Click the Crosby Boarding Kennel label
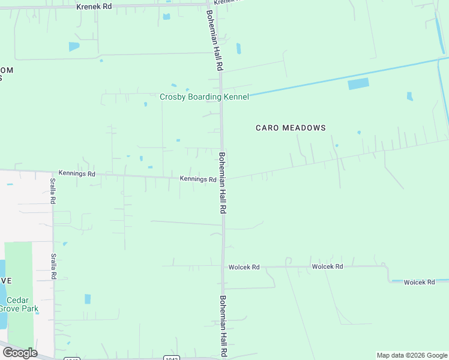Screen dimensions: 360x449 pyautogui.click(x=204, y=97)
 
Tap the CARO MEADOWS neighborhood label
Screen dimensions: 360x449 pyautogui.click(x=291, y=128)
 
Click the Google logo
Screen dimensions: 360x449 pyautogui.click(x=19, y=352)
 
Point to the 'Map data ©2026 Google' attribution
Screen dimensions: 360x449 pyautogui.click(x=412, y=355)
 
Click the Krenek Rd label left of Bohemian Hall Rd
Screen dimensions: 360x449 pyautogui.click(x=94, y=7)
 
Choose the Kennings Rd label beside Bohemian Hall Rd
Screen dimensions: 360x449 pyautogui.click(x=198, y=179)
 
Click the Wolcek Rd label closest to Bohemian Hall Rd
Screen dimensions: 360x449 pyautogui.click(x=244, y=267)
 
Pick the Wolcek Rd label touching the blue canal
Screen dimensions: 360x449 pyautogui.click(x=419, y=282)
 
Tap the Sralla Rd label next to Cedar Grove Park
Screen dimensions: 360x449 pyautogui.click(x=53, y=266)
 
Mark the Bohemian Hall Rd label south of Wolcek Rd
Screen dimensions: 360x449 pyautogui.click(x=224, y=327)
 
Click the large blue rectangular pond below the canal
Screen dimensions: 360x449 pyautogui.click(x=358, y=84)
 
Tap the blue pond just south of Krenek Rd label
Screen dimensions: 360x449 pyautogui.click(x=74, y=46)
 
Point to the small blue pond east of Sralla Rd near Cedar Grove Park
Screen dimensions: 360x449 pyautogui.click(x=88, y=299)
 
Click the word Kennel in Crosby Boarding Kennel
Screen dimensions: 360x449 pyautogui.click(x=236, y=97)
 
